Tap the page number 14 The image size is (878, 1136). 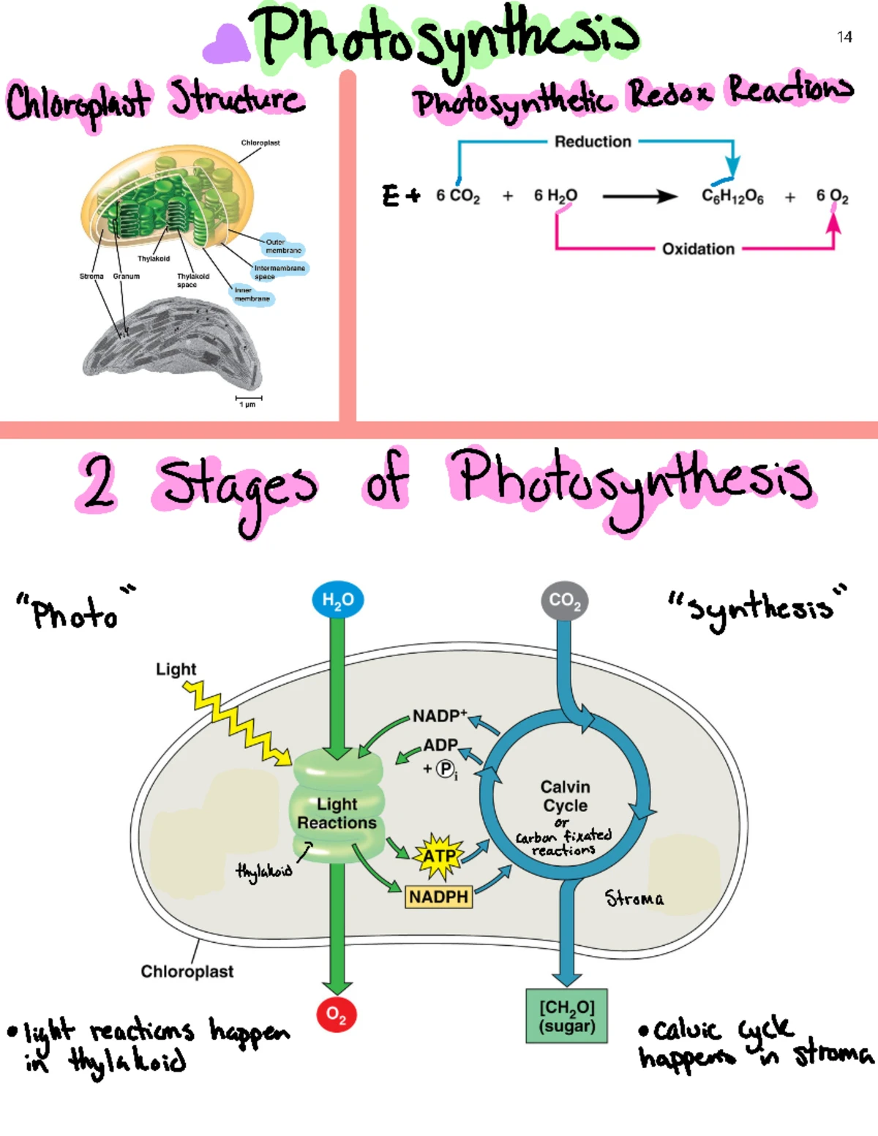[x=844, y=37]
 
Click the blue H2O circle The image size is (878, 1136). [x=338, y=600]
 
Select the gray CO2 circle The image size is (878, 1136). [x=565, y=601]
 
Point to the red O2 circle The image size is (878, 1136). [x=337, y=1014]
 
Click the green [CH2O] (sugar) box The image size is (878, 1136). [x=567, y=1016]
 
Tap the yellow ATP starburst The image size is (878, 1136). [x=439, y=856]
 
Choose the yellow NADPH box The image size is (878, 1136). [x=438, y=896]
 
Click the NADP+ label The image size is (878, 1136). [x=439, y=715]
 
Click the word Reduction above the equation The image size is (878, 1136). [x=593, y=142]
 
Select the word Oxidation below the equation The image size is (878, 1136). [x=698, y=249]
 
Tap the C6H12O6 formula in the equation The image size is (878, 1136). [x=732, y=196]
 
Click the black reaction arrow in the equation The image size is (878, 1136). [x=639, y=196]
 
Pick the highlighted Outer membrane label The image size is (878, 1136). [x=282, y=246]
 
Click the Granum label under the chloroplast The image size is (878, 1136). [x=126, y=277]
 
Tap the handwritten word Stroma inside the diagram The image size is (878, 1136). [x=634, y=898]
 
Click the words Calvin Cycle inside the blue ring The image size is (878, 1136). [x=565, y=796]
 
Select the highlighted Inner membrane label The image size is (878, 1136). [x=252, y=295]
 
